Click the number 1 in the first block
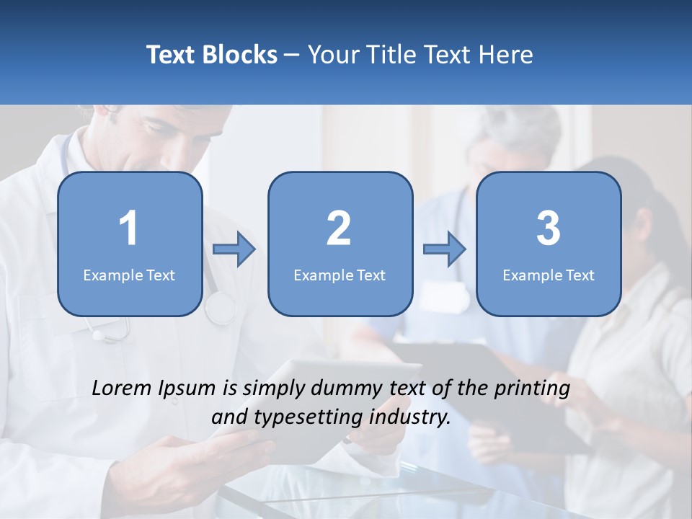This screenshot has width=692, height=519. pyautogui.click(x=128, y=229)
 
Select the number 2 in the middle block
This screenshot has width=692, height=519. pyautogui.click(x=339, y=229)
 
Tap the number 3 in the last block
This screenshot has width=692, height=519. pyautogui.click(x=549, y=229)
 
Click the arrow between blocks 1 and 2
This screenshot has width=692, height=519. pyautogui.click(x=234, y=249)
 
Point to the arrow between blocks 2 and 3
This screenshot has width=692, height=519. pyautogui.click(x=445, y=249)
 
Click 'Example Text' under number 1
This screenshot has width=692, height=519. pyautogui.click(x=129, y=275)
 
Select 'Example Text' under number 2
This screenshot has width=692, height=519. pyautogui.click(x=340, y=275)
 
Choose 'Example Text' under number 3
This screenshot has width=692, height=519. pyautogui.click(x=549, y=275)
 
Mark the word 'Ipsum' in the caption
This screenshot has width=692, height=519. pyautogui.click(x=187, y=389)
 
